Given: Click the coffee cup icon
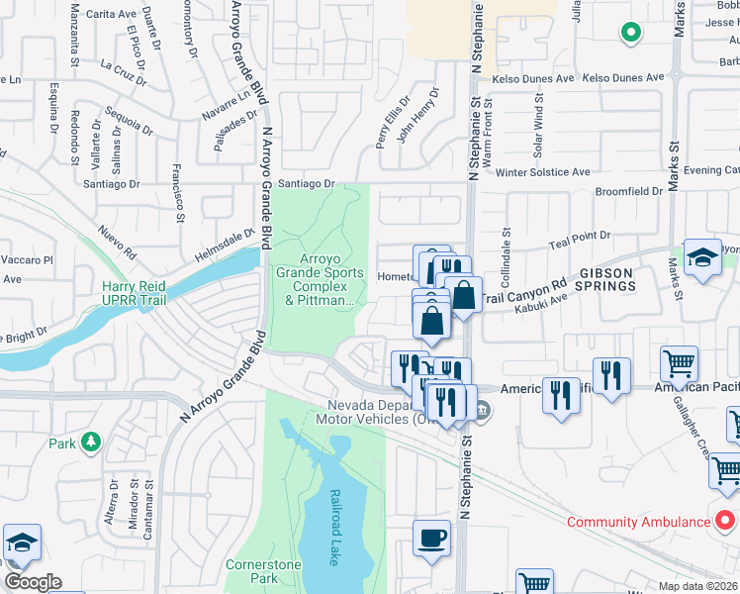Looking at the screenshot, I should click(x=430, y=539).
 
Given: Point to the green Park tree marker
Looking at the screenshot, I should click(x=91, y=441).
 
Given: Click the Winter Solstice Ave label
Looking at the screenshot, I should click(x=543, y=172).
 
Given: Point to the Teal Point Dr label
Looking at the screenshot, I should click(x=580, y=237).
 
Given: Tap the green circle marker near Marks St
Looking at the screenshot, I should click(x=630, y=35).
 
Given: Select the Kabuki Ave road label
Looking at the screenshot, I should click(x=540, y=304).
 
